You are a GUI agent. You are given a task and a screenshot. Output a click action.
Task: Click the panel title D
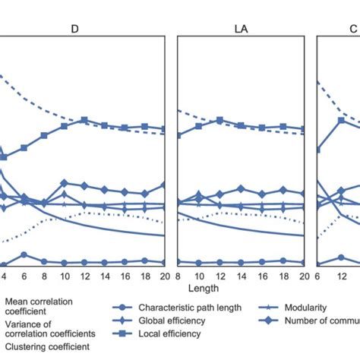point(74,28)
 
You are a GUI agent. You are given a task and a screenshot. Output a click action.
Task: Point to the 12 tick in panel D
point(84,276)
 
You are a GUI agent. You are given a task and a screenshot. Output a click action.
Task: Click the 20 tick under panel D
point(163,276)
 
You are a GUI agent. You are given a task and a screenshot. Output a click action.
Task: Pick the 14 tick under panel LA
point(240,276)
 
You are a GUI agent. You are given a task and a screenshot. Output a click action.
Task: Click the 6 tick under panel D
point(24,276)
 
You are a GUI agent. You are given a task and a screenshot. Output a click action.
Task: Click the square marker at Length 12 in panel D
point(84,120)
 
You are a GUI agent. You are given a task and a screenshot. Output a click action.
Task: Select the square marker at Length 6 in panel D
point(24,147)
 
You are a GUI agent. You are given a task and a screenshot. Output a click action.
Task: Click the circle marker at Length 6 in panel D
point(24,255)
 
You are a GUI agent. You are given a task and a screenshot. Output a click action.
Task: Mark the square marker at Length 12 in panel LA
point(219,120)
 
